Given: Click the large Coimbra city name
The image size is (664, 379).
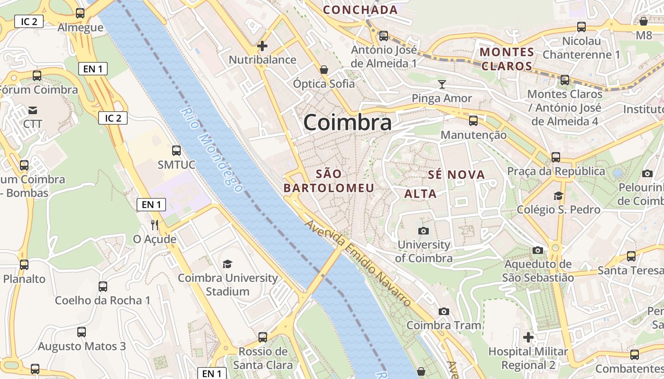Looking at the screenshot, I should click(347, 122).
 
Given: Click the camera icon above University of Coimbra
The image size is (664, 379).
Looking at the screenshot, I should click(424, 231).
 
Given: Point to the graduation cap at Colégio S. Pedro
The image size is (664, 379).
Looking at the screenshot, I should click(558, 196).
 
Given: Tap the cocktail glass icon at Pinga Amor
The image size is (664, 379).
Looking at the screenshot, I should click(442, 84).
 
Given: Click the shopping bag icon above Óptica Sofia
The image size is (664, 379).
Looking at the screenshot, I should click(324, 70).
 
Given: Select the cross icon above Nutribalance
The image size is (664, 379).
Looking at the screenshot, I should click(262, 46).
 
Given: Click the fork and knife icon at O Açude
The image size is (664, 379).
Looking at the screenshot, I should click(154, 225).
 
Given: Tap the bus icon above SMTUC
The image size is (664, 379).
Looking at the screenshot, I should click(176, 151).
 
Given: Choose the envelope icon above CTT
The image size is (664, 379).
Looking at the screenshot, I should click(33, 110).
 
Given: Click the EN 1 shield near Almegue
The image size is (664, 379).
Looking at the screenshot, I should click(92, 69).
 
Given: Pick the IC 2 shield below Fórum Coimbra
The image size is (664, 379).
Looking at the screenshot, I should click(113, 118).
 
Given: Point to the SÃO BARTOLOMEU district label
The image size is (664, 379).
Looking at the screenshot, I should click(329, 181).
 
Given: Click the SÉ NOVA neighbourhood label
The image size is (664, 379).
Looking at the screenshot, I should click(456, 175).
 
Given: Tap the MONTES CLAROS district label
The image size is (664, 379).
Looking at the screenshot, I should click(507, 59).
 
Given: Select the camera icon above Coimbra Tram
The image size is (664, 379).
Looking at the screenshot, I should click(444, 311).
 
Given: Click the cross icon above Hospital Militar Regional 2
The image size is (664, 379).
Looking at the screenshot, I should click(528, 337).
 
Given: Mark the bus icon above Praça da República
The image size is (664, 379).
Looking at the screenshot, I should click(555, 157).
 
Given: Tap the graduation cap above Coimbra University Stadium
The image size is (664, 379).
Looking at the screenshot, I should click(228, 264).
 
